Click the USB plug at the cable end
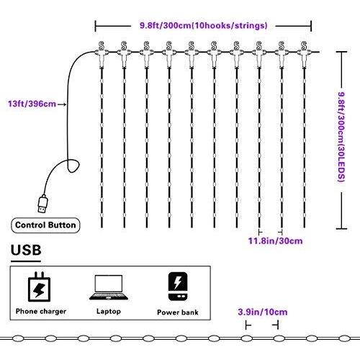[x=43, y=204]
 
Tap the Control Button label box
[x=45, y=225]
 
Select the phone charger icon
[x=39, y=287]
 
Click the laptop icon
[x=109, y=287]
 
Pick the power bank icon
[x=178, y=287]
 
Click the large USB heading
[x=26, y=250]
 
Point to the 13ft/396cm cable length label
[x=32, y=104]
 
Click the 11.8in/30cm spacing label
[x=275, y=240]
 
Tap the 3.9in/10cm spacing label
[x=263, y=312]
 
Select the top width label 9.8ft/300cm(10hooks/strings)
[x=204, y=25]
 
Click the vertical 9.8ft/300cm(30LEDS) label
[x=341, y=137]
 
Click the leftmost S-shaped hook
[x=102, y=45]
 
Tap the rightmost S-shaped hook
[x=304, y=45]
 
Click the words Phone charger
[x=41, y=311]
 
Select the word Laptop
[x=109, y=311]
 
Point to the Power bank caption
[x=178, y=312]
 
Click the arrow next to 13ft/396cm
[x=62, y=104]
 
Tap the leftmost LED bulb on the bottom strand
[x=18, y=338]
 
